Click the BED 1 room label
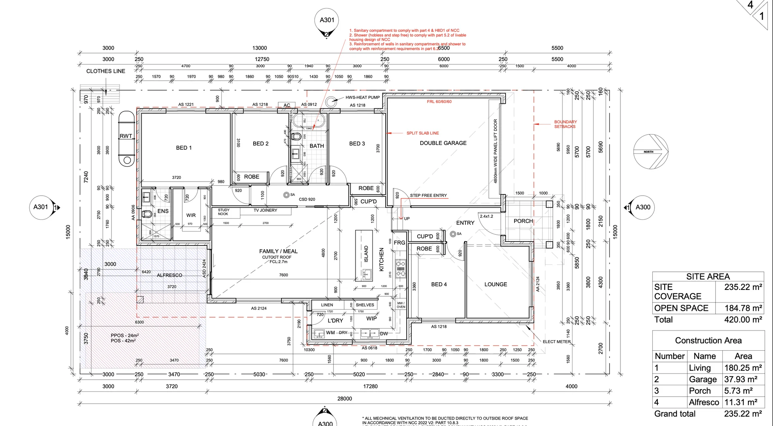[x=184, y=148]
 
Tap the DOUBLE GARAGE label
[x=443, y=143]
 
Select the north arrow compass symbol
[x=651, y=152]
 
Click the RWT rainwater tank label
[x=126, y=136]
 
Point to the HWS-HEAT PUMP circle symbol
[x=331, y=101]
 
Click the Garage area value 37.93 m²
[x=743, y=379]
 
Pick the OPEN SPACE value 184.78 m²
[x=743, y=308]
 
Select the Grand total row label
[x=675, y=414]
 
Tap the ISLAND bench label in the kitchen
[x=366, y=254]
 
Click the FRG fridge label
[x=399, y=243]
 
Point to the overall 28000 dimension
[x=345, y=399]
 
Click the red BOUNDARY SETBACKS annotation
[x=565, y=124]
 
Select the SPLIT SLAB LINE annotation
[x=423, y=133]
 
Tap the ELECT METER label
[x=556, y=342]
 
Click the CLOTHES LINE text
[x=105, y=71]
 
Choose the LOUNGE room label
[x=496, y=284]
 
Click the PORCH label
[x=523, y=221]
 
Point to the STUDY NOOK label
[x=223, y=212]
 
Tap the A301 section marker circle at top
[x=327, y=20]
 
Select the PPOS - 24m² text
[x=125, y=335]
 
